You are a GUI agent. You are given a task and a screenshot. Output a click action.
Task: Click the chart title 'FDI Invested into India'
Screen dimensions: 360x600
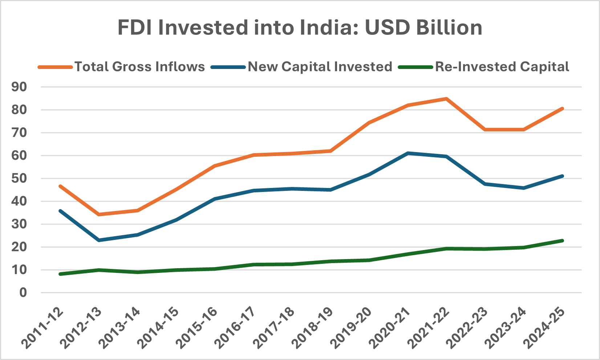coord(300,28)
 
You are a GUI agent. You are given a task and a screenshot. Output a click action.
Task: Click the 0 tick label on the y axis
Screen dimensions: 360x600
coord(23,292)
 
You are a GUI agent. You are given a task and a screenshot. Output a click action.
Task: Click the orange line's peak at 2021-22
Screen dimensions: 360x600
coord(446,98)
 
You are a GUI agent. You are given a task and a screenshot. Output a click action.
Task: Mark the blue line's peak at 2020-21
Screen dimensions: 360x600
coord(408,153)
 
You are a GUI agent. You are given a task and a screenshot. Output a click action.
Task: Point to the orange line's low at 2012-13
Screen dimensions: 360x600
coord(99,214)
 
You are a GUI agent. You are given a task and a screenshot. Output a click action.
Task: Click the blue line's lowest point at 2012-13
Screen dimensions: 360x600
coord(99,240)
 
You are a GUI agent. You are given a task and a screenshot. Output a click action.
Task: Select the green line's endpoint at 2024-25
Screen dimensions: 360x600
coord(562,241)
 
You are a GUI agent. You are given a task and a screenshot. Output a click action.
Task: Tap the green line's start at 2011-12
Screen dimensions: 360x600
coord(60,274)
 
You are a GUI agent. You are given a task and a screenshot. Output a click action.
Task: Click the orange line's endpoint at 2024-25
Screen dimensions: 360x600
coord(562,109)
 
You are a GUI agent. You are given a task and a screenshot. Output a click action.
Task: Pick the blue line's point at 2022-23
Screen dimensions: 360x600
coord(485,184)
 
